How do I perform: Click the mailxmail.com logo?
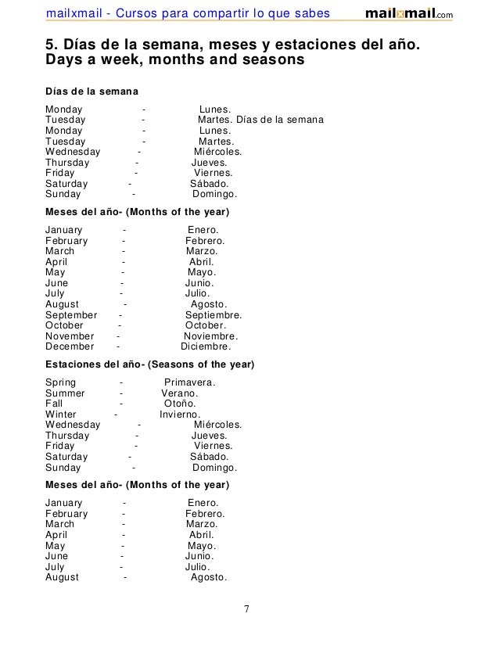tap(408, 14)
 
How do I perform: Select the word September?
tap(71, 315)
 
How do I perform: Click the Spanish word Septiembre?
tap(213, 315)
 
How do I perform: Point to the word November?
tap(70, 336)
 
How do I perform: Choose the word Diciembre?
tap(205, 346)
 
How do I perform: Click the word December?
tap(70, 346)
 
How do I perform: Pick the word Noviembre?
tap(210, 336)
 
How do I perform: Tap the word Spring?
tap(61, 382)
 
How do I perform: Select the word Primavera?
tap(188, 382)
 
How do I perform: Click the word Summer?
tap(65, 393)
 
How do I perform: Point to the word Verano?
tap(179, 393)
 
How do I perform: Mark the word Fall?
tap(54, 404)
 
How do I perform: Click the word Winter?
tap(61, 415)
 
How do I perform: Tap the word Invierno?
tap(179, 415)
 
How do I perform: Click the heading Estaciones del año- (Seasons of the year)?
tap(149, 365)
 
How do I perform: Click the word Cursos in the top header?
tap(146, 13)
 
